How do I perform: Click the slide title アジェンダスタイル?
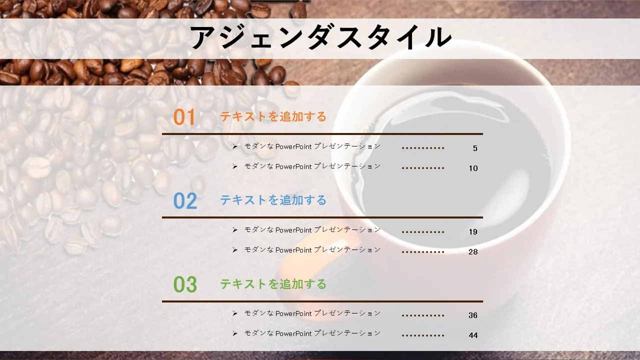320,37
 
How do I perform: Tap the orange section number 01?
184,117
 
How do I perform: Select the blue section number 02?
185,200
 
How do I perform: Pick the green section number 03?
185,284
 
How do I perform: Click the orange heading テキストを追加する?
273,116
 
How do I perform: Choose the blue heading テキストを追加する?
273,200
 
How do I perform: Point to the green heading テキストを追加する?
273,284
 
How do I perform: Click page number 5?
475,148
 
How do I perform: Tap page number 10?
473,168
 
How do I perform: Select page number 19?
473,231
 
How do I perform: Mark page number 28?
473,251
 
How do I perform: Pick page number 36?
473,315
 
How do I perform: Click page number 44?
473,335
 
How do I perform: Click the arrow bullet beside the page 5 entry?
235,146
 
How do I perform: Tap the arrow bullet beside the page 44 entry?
235,333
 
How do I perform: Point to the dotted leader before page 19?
423,232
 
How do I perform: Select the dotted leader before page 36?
423,315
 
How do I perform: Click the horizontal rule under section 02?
322,217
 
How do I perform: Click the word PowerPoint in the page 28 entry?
293,250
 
